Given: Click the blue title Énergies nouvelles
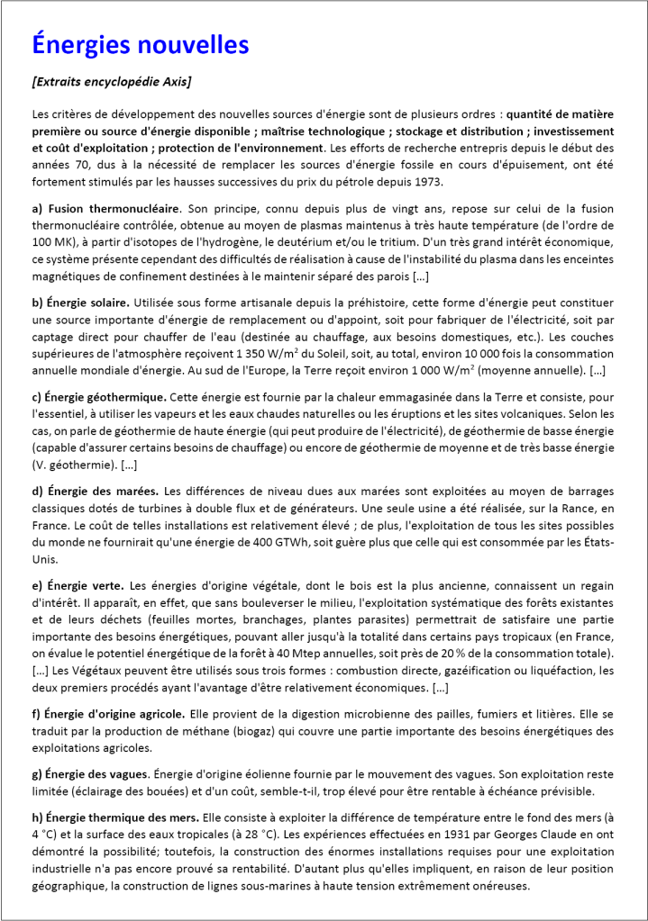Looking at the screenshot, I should pos(140,43).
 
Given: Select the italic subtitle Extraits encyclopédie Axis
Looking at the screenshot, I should pos(111,82).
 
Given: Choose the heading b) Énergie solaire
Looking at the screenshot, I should pos(80,301).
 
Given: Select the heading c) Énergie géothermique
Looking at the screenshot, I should pos(99,396).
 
